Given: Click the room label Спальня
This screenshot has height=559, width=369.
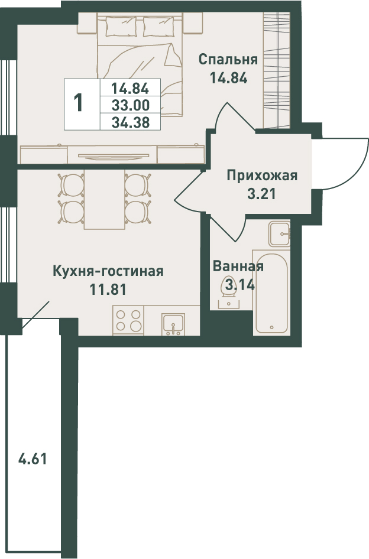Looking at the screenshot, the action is point(228,60).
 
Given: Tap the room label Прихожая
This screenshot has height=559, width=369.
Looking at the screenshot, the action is point(262,175).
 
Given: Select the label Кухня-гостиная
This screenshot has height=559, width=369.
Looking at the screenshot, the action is point(108,271).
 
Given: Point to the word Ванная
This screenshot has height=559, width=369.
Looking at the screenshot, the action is point(238,266).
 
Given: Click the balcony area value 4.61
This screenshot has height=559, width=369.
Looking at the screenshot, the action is point(33,459).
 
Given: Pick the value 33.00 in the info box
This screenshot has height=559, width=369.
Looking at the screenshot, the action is point(130,105).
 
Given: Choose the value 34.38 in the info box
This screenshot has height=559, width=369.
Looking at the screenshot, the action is point(130,122).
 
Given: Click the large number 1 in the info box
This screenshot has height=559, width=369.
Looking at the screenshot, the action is point(79,102).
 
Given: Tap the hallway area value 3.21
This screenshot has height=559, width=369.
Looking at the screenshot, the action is point(261,194).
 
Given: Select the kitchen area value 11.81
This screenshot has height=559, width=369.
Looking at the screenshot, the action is point(108,289).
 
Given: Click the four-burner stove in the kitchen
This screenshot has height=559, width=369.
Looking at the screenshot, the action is point(128,320).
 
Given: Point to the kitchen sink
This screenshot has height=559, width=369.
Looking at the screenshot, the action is point(173,324).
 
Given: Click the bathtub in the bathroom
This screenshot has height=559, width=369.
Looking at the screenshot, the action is point(271,292).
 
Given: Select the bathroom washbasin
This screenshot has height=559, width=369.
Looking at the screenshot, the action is point(280,233).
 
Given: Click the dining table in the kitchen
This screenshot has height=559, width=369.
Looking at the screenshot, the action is point(104,199).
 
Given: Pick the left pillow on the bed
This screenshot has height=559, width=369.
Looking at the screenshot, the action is point(121,27).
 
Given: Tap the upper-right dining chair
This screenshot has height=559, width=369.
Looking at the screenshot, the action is point(137,184).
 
